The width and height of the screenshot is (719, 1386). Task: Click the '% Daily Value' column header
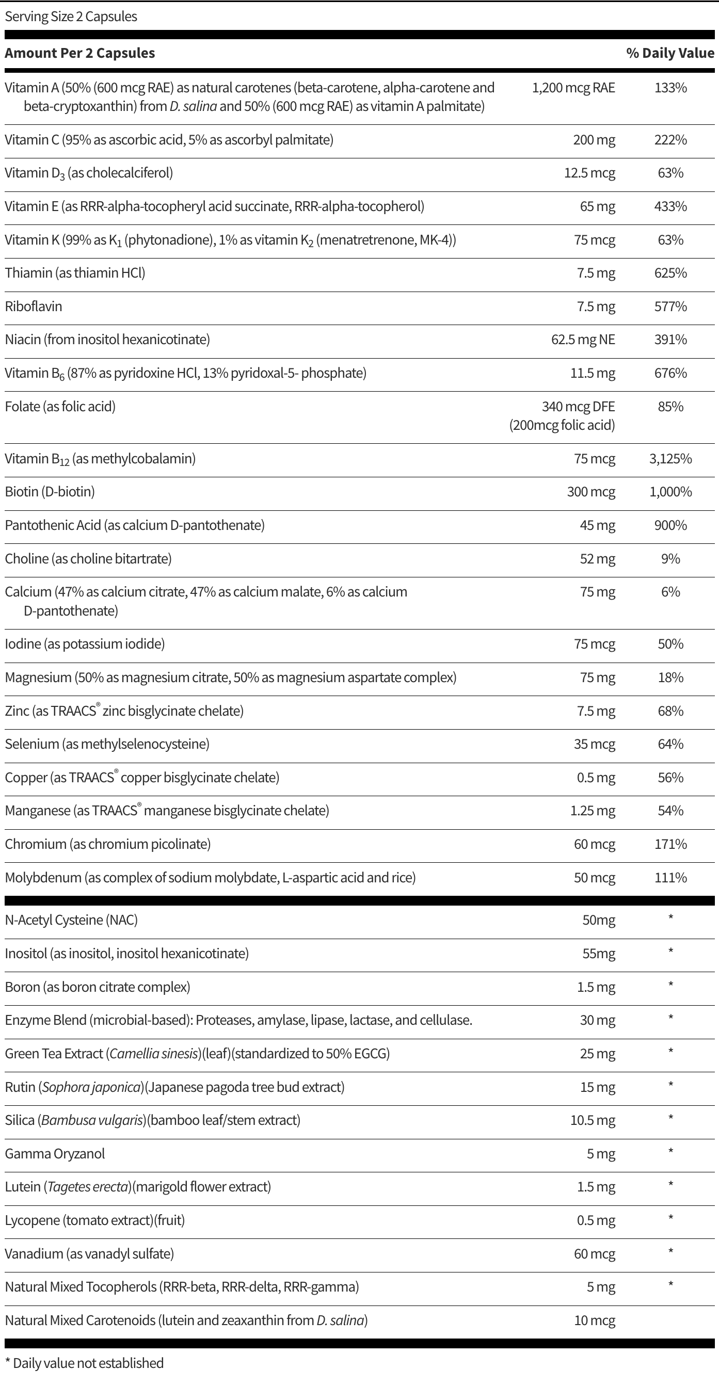670,53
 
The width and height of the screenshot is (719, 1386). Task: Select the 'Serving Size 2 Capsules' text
71,17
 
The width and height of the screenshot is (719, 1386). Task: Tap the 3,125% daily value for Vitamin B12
670,459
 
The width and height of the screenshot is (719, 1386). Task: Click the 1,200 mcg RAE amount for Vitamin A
573,88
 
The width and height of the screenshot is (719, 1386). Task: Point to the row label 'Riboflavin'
34,307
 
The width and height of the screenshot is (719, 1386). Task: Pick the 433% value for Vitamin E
670,206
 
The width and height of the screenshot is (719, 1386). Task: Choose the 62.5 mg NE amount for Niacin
583,340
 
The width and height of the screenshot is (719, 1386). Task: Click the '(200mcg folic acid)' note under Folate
563,426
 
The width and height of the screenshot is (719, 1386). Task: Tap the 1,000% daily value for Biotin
670,492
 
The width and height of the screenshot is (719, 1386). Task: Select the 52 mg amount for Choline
597,559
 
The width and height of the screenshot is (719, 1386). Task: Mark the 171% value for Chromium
670,844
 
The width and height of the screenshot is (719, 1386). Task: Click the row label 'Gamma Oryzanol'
55,1154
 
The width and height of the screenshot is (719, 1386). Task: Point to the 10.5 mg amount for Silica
593,1121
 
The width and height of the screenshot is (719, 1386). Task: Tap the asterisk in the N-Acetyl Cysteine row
670,917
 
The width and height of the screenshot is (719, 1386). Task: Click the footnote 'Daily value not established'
88,1363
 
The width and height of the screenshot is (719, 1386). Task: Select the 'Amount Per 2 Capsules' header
79,53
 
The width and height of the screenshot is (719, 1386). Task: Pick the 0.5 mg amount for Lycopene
596,1221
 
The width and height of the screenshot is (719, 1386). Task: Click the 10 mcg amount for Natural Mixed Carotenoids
595,1321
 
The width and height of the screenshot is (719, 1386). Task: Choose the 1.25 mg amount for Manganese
593,811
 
